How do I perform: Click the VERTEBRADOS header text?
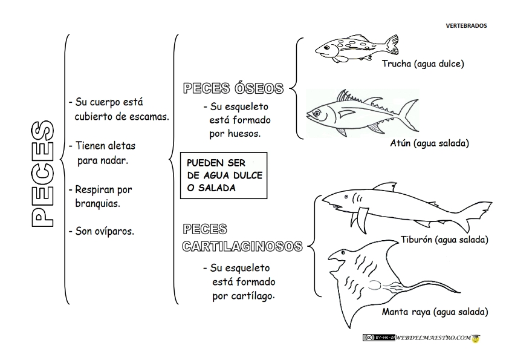[465, 25]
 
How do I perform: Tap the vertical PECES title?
[42, 174]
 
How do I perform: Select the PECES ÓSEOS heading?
[233, 89]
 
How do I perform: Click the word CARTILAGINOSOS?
[242, 247]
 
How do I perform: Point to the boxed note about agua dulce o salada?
[224, 175]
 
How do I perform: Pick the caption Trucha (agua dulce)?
[423, 63]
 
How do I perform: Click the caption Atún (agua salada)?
[430, 143]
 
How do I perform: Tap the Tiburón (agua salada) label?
[444, 240]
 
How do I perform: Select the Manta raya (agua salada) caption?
[435, 312]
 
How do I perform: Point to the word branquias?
[97, 203]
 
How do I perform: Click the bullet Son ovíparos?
[101, 231]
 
